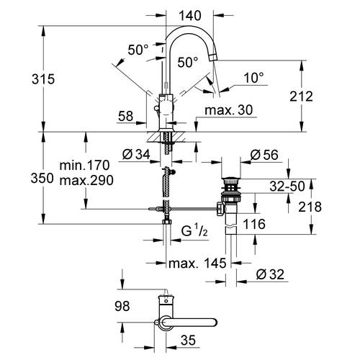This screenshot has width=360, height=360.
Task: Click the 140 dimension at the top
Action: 190,16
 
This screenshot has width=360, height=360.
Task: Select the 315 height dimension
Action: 43,79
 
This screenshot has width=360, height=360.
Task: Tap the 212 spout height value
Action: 301,96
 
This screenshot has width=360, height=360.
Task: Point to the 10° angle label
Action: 254,78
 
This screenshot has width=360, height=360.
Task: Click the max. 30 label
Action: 229,110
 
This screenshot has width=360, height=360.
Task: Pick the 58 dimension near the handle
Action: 125,116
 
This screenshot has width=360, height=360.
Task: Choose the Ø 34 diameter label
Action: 136,154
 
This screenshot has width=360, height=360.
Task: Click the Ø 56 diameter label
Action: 264,155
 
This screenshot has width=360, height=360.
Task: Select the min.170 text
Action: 84,166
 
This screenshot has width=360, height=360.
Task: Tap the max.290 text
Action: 86,180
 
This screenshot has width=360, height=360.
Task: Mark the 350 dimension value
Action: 42,179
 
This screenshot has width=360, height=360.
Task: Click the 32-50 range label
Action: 287,186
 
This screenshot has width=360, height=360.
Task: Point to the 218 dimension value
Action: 310,207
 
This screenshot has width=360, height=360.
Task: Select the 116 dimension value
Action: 254,224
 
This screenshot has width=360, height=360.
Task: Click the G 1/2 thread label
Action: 194,231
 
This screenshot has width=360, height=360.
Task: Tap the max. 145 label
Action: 197,264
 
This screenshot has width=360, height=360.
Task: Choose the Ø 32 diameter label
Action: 270,274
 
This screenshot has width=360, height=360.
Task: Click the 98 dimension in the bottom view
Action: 122,306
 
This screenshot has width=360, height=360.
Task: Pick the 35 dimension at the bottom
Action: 188,340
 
